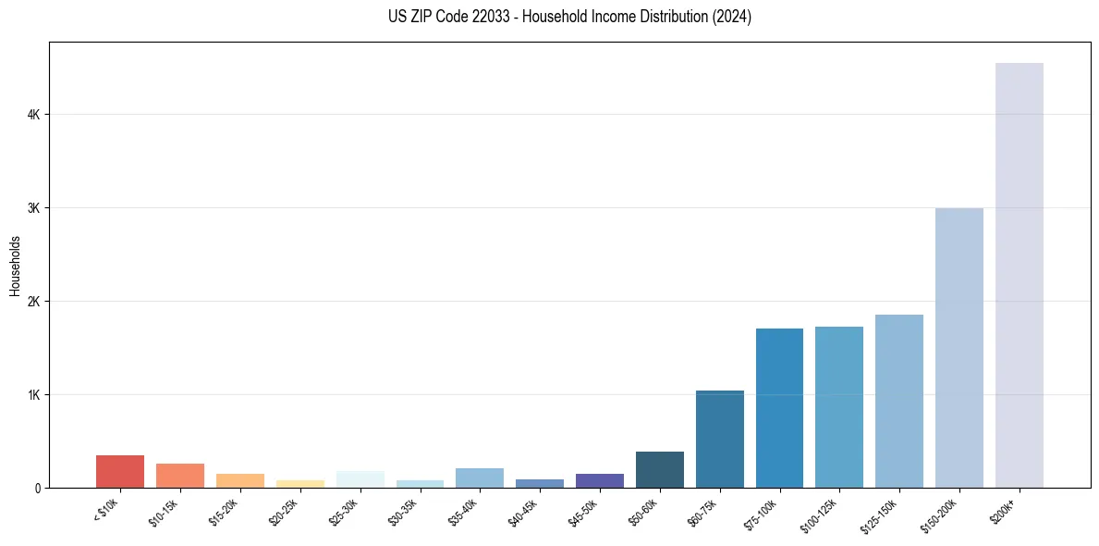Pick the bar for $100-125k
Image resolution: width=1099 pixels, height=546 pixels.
point(838,406)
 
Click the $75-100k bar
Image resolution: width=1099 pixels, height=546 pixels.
point(779,407)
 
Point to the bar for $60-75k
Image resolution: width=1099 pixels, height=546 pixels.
point(719,439)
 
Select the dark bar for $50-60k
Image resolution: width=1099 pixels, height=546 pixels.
point(659,469)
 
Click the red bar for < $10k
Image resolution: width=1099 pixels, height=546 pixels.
point(120,471)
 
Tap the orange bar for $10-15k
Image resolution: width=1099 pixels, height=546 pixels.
point(180,476)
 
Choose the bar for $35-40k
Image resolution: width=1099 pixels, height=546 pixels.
point(480,478)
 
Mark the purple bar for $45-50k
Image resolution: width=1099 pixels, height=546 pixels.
point(599,480)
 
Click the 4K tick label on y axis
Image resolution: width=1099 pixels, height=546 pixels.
point(33,115)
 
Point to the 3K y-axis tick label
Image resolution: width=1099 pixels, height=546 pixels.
point(33,208)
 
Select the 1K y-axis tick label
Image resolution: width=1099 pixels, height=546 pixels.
point(33,395)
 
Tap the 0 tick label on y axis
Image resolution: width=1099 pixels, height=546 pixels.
point(37,489)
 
